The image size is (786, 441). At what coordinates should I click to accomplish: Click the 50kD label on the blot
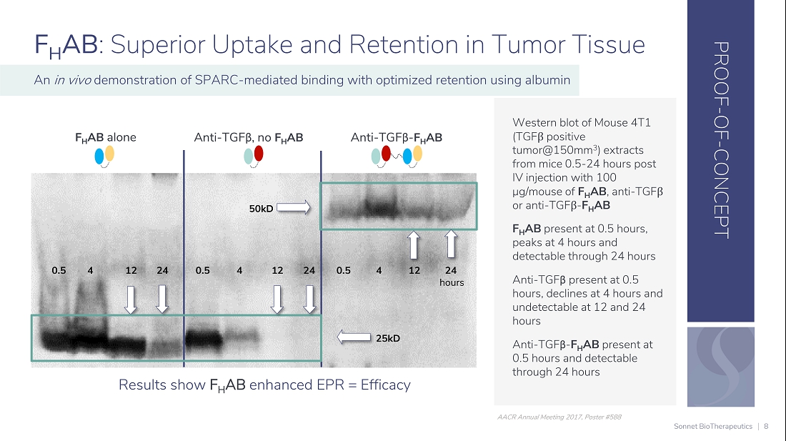click(261, 209)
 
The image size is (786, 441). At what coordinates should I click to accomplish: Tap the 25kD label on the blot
click(388, 338)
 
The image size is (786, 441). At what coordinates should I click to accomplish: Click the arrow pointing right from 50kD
click(294, 207)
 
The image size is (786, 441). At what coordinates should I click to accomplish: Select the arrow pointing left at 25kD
click(354, 337)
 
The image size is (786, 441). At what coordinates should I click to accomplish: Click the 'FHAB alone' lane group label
click(105, 138)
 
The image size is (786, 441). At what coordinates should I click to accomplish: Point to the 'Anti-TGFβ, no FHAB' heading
click(248, 138)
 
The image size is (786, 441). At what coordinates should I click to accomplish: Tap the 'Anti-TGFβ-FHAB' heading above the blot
click(396, 138)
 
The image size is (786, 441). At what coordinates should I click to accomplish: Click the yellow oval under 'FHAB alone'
click(109, 154)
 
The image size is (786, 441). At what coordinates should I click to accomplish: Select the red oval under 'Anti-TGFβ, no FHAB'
click(259, 154)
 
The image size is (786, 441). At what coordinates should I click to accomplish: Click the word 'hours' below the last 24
click(452, 282)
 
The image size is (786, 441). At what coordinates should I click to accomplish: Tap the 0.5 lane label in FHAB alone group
click(59, 271)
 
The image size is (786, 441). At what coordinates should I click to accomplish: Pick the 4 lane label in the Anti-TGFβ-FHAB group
click(379, 271)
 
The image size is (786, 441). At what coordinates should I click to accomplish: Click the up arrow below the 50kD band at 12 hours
click(414, 244)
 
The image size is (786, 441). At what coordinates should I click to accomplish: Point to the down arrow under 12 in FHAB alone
click(131, 299)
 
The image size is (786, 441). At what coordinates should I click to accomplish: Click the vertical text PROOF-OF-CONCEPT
click(721, 139)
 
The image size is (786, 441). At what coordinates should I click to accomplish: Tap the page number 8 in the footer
click(766, 427)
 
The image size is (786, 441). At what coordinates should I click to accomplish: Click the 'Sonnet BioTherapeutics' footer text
click(713, 427)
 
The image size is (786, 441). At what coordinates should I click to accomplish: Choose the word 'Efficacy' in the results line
click(385, 385)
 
